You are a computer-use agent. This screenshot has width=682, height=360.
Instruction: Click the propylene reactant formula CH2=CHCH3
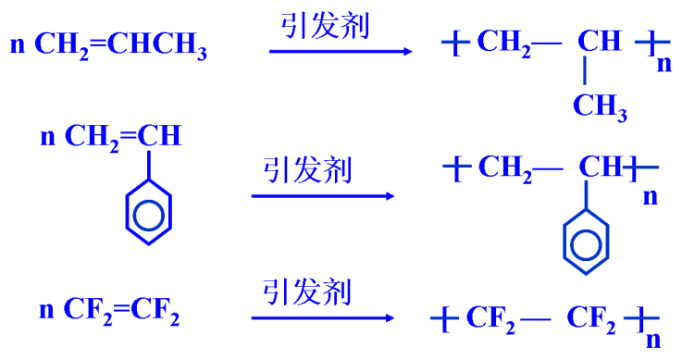tap(120, 46)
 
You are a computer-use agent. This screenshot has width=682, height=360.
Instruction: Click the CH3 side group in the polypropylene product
tap(600, 106)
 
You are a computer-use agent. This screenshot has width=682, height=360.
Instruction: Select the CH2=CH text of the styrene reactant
tap(122, 137)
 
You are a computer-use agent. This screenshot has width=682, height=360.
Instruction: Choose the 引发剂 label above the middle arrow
tap(307, 169)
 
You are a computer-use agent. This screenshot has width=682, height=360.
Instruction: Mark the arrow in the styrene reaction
tap(323, 195)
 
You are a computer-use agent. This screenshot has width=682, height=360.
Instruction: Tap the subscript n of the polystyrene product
tap(651, 196)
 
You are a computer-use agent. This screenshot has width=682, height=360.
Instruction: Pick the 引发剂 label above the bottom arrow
tap(307, 292)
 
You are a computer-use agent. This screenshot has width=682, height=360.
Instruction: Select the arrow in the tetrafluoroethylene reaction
tap(323, 318)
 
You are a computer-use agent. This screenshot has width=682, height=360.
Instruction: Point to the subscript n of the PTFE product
tap(653, 338)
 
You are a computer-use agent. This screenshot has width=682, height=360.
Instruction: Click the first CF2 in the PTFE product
tap(488, 320)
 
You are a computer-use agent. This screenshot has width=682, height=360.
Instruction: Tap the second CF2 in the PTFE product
tap(591, 319)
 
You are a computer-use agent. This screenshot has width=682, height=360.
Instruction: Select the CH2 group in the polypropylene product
tap(504, 43)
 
